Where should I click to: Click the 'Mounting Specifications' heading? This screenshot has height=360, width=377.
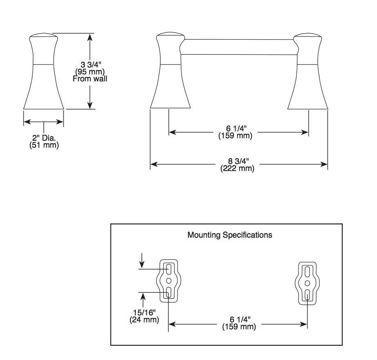[230, 235]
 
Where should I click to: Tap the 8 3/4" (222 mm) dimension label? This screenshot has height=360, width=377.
[237, 165]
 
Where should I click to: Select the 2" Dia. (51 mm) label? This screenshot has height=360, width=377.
[44, 142]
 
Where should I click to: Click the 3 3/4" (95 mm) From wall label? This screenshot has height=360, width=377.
[90, 72]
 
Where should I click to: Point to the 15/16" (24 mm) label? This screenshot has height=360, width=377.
[144, 316]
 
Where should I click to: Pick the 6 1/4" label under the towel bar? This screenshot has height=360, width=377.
[236, 132]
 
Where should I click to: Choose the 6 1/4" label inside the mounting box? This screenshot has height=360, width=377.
[239, 323]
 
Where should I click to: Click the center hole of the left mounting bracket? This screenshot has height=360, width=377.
[168, 280]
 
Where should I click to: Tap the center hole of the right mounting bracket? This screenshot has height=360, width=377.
[307, 283]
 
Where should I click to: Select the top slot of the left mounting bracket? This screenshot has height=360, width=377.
[169, 269]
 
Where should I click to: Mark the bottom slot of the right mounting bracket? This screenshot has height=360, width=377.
[307, 295]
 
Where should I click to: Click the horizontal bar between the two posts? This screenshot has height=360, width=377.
[239, 47]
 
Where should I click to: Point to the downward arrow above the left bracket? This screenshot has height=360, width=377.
[142, 261]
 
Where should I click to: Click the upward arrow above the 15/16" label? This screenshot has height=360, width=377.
[143, 300]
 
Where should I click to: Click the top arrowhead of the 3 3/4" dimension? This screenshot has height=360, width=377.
[90, 37]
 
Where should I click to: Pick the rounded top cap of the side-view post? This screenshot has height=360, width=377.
[43, 36]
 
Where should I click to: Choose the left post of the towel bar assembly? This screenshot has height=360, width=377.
[170, 70]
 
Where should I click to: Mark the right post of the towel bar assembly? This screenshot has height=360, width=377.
[308, 71]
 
